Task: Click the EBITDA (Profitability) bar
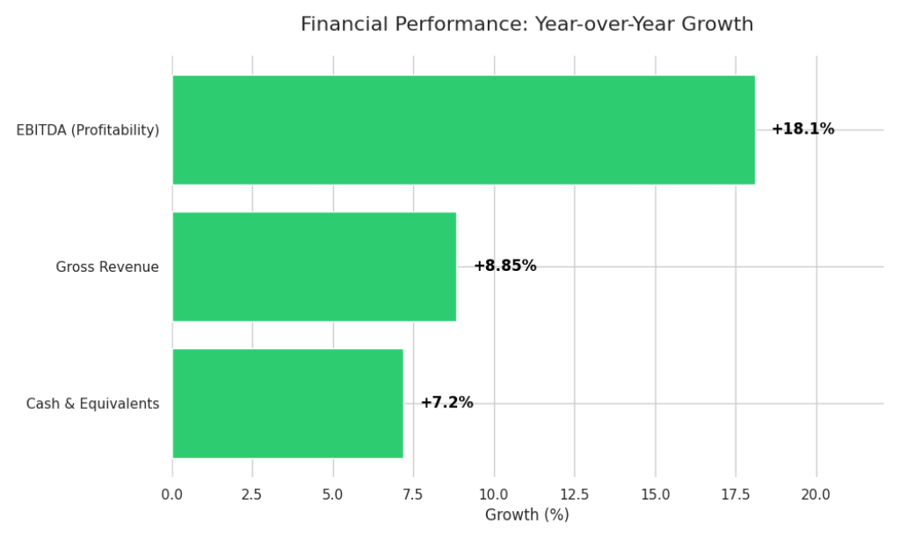pyautogui.click(x=463, y=130)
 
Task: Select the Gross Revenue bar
pyautogui.click(x=314, y=266)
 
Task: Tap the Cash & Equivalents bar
pyautogui.click(x=287, y=404)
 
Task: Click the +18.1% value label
pyautogui.click(x=802, y=129)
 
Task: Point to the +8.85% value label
pyautogui.click(x=504, y=266)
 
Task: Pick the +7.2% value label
pyautogui.click(x=446, y=403)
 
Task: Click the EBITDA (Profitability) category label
pyautogui.click(x=88, y=130)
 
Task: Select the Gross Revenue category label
pyautogui.click(x=107, y=267)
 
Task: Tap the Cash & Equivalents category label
pyautogui.click(x=92, y=405)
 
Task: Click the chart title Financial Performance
pyautogui.click(x=526, y=25)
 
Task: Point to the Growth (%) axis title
pyautogui.click(x=526, y=515)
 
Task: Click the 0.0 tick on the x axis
pyautogui.click(x=172, y=495)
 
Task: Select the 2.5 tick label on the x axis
pyautogui.click(x=252, y=495)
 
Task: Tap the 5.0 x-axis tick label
pyautogui.click(x=333, y=495)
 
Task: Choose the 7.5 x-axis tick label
pyautogui.click(x=413, y=495)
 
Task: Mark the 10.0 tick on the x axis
pyautogui.click(x=494, y=495)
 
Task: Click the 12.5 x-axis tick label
pyautogui.click(x=575, y=495)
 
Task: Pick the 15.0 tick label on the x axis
pyautogui.click(x=655, y=495)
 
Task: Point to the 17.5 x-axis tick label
pyautogui.click(x=736, y=495)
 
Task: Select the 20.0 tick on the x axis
pyautogui.click(x=816, y=495)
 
